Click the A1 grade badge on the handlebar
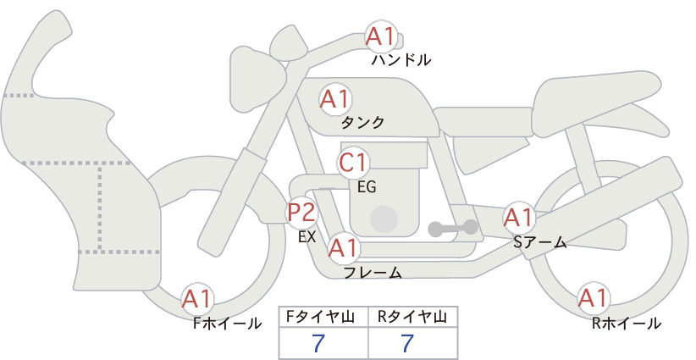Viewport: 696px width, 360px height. [x=381, y=36]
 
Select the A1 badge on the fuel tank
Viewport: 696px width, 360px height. [x=335, y=99]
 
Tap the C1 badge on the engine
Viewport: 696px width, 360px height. [x=353, y=163]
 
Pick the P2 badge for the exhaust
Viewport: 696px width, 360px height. [x=301, y=212]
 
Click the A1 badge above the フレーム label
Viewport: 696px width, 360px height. [x=344, y=247]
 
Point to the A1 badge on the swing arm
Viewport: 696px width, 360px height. [x=518, y=218]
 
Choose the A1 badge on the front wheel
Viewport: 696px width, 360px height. [x=197, y=299]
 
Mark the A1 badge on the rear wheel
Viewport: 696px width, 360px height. [x=593, y=298]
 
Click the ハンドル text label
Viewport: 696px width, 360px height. [x=401, y=59]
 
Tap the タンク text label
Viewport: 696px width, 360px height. [x=362, y=123]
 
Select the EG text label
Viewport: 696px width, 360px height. [x=367, y=187]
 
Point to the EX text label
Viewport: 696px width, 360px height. [x=307, y=236]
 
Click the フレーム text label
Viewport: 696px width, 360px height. [x=373, y=272]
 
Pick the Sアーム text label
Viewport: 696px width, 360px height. [x=540, y=242]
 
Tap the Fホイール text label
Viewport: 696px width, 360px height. [x=227, y=324]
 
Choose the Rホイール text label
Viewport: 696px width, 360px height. [x=627, y=324]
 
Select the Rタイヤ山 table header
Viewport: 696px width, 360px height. [x=412, y=317]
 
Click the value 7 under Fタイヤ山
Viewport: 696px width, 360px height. [x=318, y=343]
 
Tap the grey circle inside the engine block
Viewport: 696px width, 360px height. [x=384, y=219]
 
